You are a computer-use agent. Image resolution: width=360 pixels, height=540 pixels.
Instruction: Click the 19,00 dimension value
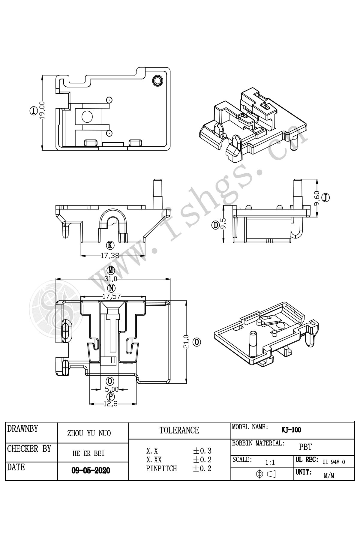[42, 111]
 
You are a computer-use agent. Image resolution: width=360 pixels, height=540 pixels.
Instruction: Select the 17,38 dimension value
[110, 255]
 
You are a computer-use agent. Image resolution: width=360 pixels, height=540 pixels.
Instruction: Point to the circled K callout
[111, 245]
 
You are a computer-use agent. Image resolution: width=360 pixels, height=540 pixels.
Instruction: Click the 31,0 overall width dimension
[111, 279]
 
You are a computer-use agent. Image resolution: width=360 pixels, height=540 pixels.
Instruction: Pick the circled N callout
[112, 288]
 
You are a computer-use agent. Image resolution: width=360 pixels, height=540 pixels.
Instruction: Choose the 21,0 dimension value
[186, 342]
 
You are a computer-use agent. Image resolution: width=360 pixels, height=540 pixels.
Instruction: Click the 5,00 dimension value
[112, 389]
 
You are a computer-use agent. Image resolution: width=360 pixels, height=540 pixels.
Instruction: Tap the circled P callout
[111, 397]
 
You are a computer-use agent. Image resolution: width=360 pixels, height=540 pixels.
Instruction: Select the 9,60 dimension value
[316, 199]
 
